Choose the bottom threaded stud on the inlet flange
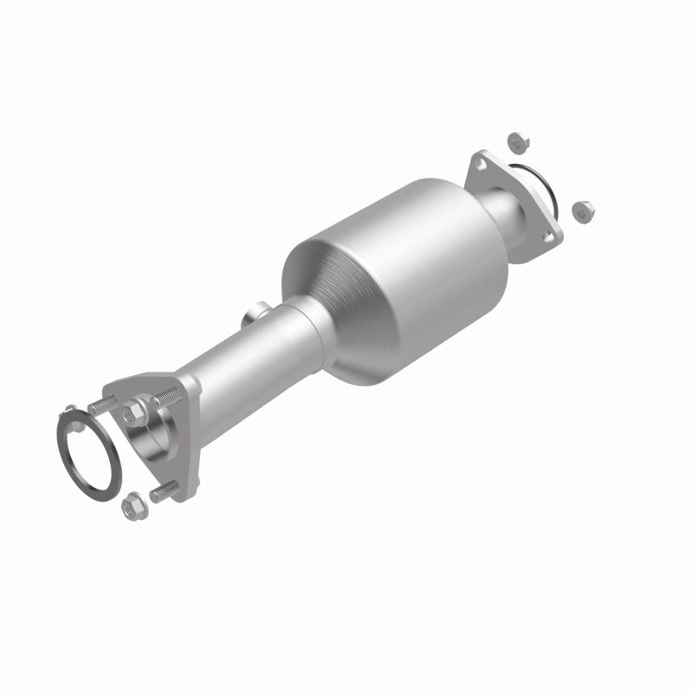[x=163, y=493]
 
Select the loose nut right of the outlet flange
[x=580, y=209]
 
